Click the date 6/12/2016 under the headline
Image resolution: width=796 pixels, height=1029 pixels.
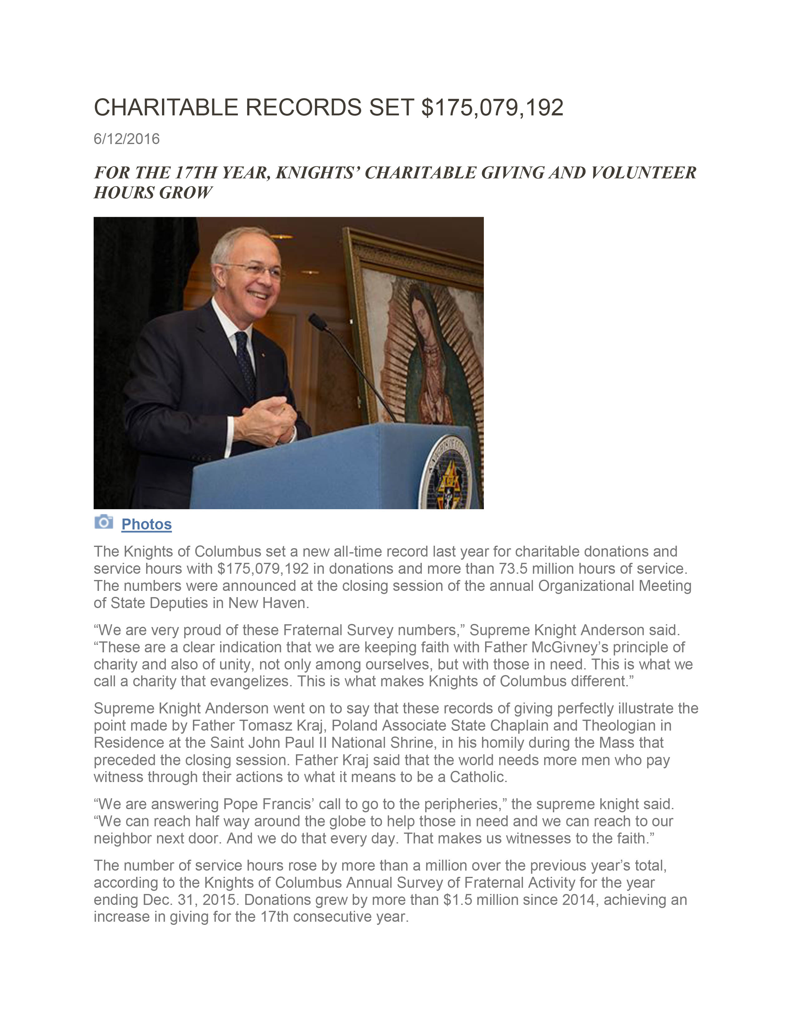point(126,139)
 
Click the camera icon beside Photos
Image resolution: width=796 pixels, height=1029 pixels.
point(104,522)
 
